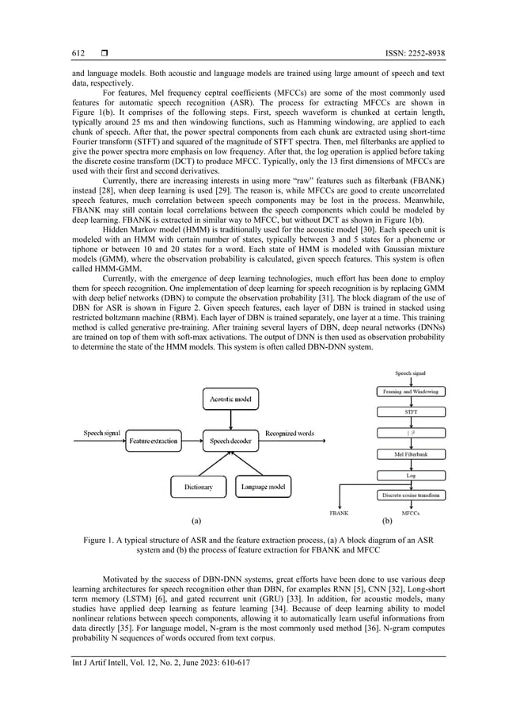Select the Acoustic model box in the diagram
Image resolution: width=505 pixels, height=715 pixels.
230,400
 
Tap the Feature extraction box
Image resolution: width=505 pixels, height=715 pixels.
154,440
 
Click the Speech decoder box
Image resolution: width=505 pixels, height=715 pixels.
230,440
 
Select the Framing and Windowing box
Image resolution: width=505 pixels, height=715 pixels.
408,392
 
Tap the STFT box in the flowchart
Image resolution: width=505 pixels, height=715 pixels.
408,412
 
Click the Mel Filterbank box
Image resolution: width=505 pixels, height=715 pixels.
408,454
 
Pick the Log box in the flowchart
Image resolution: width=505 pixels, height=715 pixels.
408,475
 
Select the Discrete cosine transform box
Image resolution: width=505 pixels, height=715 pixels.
410,495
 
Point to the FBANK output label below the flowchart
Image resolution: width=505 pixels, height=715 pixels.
339,514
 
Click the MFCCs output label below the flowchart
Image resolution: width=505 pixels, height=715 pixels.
410,514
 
